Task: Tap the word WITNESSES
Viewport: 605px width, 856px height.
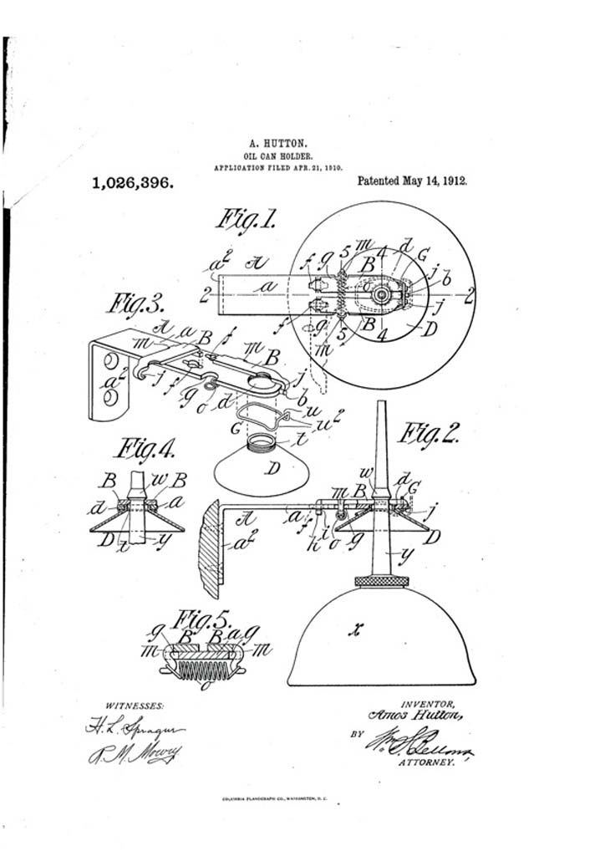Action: pos(135,705)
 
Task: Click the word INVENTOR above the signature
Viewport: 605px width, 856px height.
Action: pos(427,703)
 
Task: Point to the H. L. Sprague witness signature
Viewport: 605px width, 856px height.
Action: pos(134,726)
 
